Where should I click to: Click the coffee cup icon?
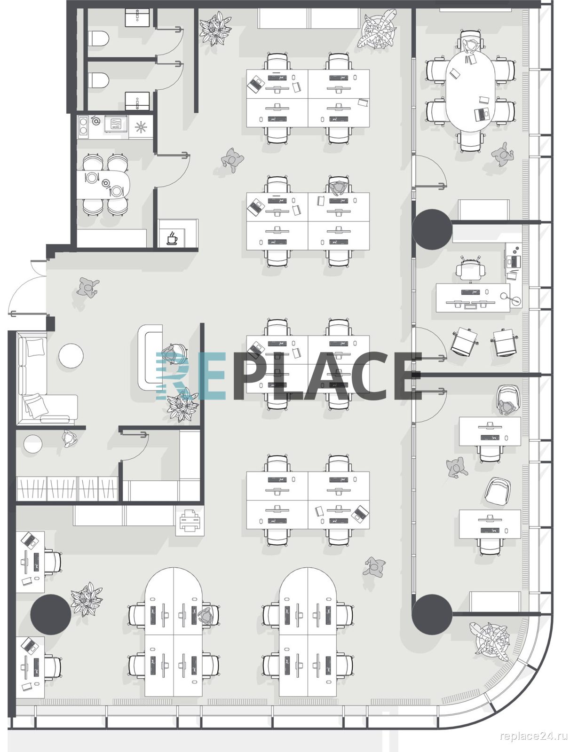(x=172, y=239)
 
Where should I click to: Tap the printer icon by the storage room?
(x=190, y=520)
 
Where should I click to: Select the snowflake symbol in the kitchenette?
(x=141, y=127)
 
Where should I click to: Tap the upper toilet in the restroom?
(x=99, y=38)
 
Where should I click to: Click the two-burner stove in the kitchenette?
(x=83, y=126)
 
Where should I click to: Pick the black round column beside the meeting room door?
(x=432, y=229)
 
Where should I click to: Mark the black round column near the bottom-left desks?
(x=51, y=615)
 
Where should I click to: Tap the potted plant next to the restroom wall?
(x=215, y=28)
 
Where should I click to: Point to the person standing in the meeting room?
(x=502, y=154)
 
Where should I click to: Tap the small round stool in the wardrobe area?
(x=32, y=444)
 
